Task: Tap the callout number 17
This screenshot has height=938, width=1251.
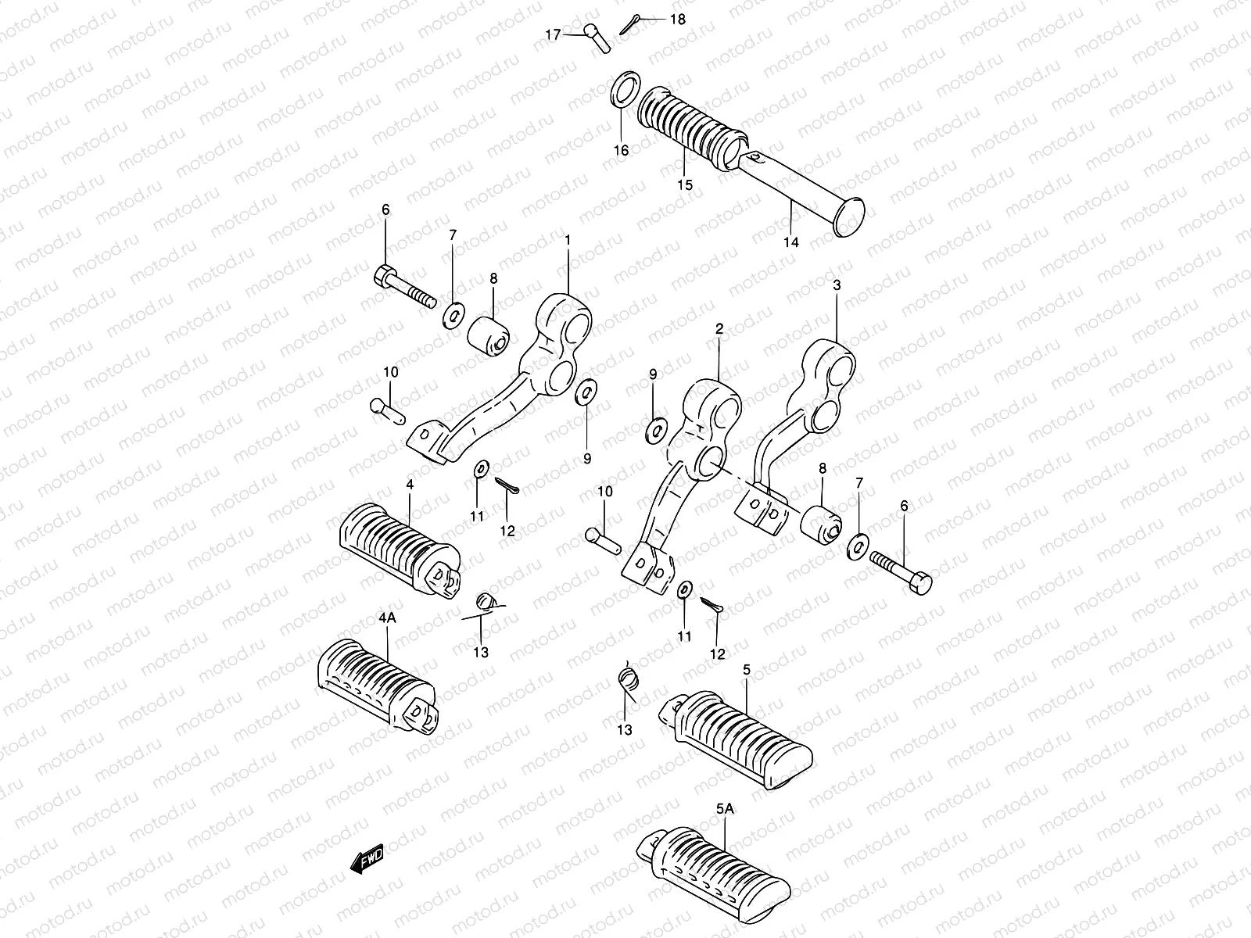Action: point(553,34)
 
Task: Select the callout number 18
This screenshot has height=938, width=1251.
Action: point(677,19)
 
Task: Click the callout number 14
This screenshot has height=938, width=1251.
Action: point(791,242)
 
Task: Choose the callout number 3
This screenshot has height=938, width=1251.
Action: point(837,285)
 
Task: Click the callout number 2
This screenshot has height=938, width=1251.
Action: point(719,330)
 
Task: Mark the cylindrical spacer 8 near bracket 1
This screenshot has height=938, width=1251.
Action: point(489,336)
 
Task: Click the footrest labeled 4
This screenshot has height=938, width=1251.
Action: point(399,547)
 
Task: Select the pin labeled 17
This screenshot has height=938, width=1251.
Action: point(598,38)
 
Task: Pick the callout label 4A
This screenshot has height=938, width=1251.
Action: point(387,618)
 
